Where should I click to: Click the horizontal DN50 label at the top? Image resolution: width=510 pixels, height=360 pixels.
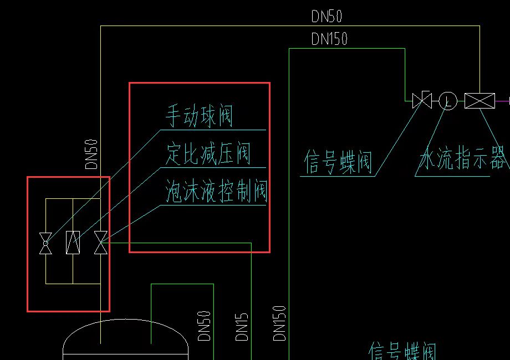(327, 17)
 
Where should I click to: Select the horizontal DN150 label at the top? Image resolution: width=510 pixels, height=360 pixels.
(329, 39)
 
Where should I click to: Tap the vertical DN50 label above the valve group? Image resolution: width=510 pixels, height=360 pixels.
(92, 154)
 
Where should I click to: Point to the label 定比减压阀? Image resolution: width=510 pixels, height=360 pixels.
(208, 153)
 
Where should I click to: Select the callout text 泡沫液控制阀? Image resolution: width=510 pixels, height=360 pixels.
(217, 192)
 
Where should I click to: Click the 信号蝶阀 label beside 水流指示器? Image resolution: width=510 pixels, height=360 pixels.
(338, 162)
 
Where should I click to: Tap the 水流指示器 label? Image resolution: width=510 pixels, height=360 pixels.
(463, 160)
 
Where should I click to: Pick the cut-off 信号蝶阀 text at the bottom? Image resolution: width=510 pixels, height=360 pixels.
(403, 352)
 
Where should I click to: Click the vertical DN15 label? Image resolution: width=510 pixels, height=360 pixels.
(242, 327)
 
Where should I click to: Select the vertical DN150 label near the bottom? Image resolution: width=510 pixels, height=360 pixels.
(280, 323)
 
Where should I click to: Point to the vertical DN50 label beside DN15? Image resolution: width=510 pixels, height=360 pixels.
(204, 326)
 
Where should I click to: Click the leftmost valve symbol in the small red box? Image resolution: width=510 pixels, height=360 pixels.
(45, 243)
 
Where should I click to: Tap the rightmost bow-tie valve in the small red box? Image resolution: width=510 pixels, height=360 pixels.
(100, 243)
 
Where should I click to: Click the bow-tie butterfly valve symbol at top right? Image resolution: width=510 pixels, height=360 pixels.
(422, 101)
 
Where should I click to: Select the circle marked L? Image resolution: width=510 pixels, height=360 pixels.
(448, 101)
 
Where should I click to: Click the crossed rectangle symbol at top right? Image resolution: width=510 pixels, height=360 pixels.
(480, 101)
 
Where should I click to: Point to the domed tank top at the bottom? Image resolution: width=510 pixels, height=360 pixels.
(126, 338)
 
